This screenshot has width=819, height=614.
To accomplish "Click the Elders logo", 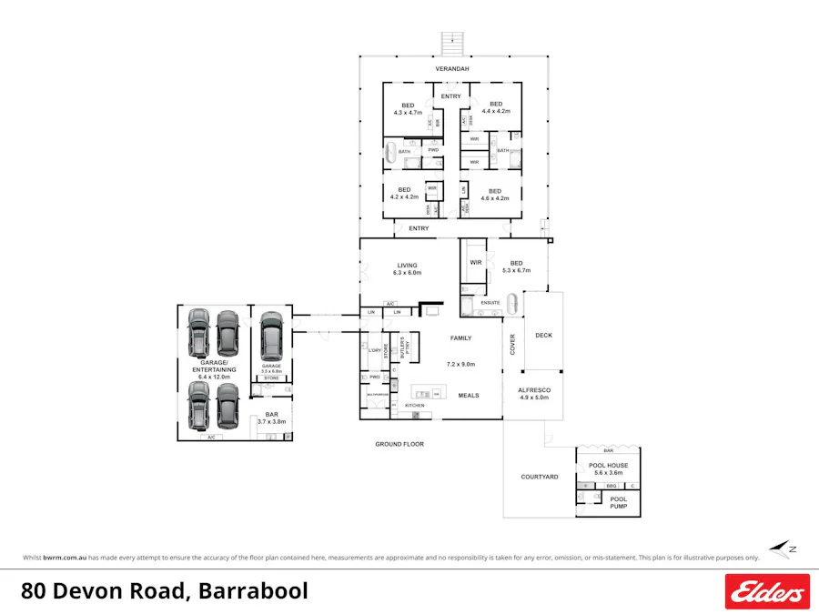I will coord(766,591).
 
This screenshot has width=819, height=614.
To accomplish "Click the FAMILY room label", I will coord(461,337).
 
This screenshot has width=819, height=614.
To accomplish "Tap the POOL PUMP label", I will coord(618,502).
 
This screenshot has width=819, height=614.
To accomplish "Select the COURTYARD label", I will coord(539,477).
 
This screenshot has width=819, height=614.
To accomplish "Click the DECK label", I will coord(543,336).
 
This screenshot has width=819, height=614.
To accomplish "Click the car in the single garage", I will coord(271,336).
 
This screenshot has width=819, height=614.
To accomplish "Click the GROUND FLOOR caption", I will coord(399,445).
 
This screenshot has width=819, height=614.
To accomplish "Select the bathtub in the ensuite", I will coord(511,303).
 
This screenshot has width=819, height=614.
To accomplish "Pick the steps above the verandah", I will coord(450,43).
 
